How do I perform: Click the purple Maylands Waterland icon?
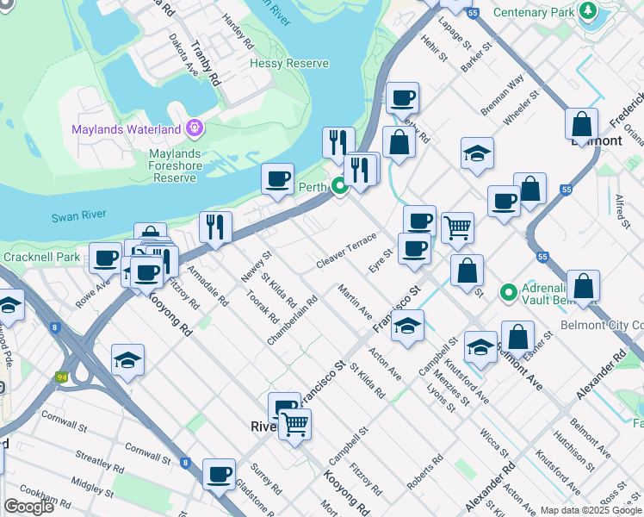[195, 129]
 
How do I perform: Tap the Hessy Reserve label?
[289, 64]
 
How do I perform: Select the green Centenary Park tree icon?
[588, 12]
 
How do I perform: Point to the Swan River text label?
[77, 218]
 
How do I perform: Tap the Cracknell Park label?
[40, 257]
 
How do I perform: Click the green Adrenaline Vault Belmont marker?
[508, 294]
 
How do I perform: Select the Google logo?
[28, 507]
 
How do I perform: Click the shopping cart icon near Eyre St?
[457, 227]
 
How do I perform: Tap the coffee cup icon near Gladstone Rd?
[220, 473]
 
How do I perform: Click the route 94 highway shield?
[61, 377]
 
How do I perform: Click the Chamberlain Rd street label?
[293, 321]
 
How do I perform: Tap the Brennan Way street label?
[503, 95]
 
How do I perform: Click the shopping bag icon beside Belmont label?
[582, 124]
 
